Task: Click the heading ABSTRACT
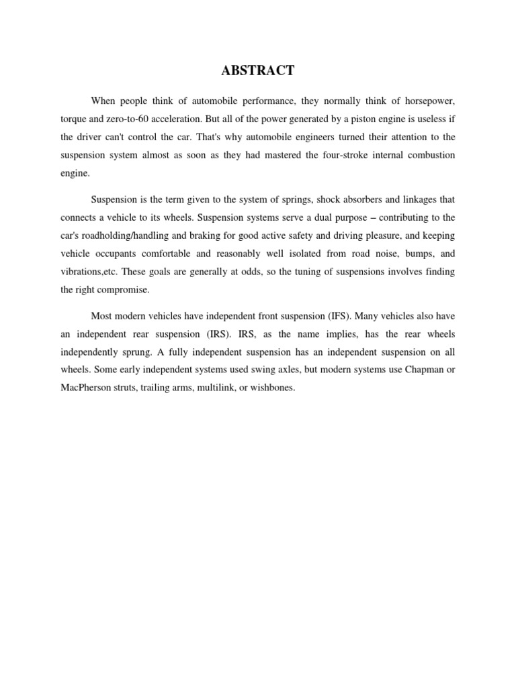258,70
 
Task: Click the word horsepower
427,100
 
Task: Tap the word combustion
428,155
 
